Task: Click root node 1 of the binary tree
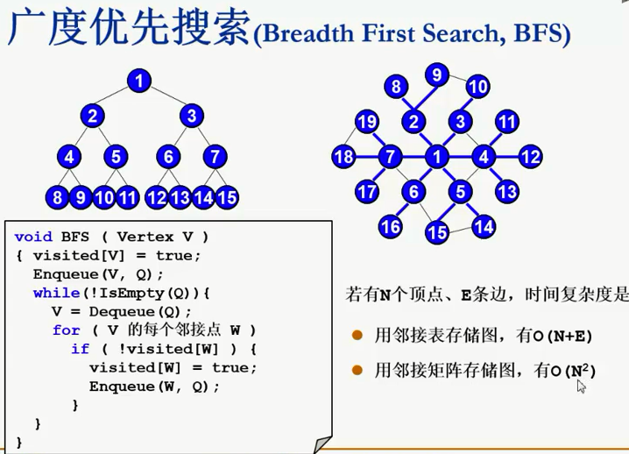pyautogui.click(x=138, y=81)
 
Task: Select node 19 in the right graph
pyautogui.click(x=366, y=122)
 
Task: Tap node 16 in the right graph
pyautogui.click(x=391, y=227)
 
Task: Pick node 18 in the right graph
pyautogui.click(x=343, y=158)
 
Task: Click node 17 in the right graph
pyautogui.click(x=367, y=190)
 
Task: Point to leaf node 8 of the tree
pyautogui.click(x=58, y=197)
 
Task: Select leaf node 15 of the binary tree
pyautogui.click(x=227, y=197)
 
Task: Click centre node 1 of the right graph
pyautogui.click(x=436, y=158)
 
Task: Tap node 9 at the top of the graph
pyautogui.click(x=436, y=74)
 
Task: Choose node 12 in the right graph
pyautogui.click(x=530, y=158)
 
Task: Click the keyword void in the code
pyautogui.click(x=33, y=237)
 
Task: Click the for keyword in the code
pyautogui.click(x=66, y=330)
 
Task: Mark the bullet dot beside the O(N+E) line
pyautogui.click(x=357, y=335)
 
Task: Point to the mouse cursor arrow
pyautogui.click(x=580, y=386)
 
